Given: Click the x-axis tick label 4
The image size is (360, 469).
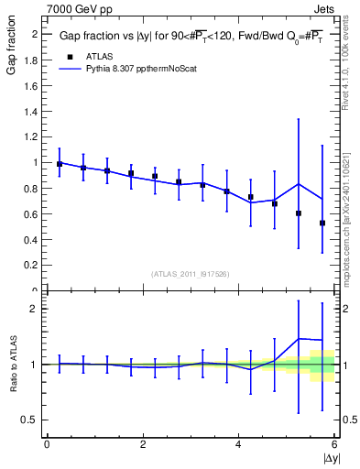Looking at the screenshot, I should click(x=239, y=445).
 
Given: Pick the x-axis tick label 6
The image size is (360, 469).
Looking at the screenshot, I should click(x=334, y=445).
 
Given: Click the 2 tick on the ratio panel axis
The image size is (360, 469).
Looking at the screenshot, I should click(x=36, y=309).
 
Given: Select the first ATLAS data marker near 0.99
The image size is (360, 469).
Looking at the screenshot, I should click(x=60, y=164).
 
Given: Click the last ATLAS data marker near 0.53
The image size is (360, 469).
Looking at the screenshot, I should click(x=322, y=223).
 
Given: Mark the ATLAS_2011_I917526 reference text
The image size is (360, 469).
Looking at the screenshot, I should click(x=190, y=274).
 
